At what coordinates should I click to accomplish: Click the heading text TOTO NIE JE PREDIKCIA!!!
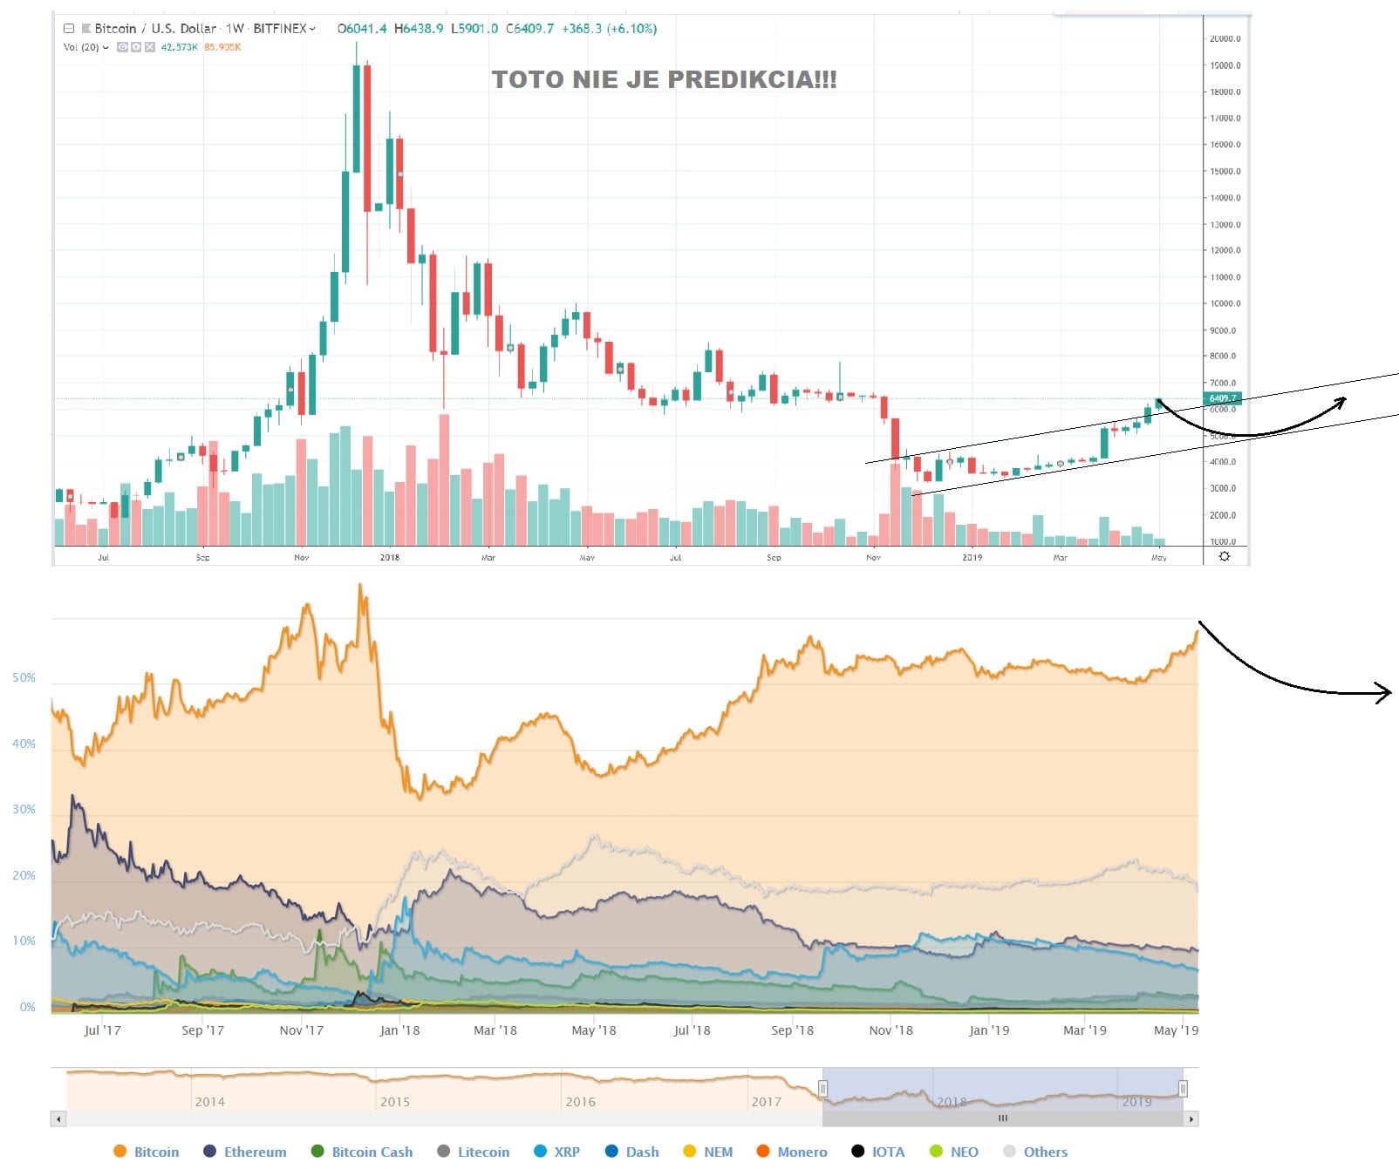pyautogui.click(x=664, y=79)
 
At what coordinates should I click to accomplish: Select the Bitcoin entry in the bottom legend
pyautogui.click(x=156, y=1152)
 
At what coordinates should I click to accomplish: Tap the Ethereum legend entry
pyautogui.click(x=255, y=1152)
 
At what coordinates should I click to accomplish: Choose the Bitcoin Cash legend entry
pyautogui.click(x=372, y=1152)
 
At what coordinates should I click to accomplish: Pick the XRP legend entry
pyautogui.click(x=566, y=1152)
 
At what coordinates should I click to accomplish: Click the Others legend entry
pyautogui.click(x=1045, y=1152)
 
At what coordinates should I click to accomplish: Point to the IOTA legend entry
pyautogui.click(x=888, y=1152)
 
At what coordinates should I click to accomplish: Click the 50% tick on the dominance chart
pyautogui.click(x=24, y=677)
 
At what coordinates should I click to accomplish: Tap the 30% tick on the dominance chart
pyautogui.click(x=24, y=809)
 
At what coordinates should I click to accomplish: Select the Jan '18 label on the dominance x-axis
pyautogui.click(x=399, y=1030)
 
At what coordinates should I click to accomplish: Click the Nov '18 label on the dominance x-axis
pyautogui.click(x=891, y=1030)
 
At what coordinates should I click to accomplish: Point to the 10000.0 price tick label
pyautogui.click(x=1225, y=303)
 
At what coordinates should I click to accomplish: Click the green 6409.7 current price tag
pyautogui.click(x=1222, y=398)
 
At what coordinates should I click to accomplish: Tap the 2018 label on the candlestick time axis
pyautogui.click(x=390, y=557)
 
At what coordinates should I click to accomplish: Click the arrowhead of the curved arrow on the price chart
pyautogui.click(x=1343, y=400)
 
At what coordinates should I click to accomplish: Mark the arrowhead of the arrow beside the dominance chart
pyautogui.click(x=1386, y=693)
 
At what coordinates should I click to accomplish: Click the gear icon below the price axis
pyautogui.click(x=1225, y=556)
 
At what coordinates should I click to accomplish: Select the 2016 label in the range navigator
pyautogui.click(x=580, y=1102)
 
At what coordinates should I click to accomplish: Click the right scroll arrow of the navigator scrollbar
pyautogui.click(x=1191, y=1118)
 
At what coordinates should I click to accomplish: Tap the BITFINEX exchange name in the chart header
pyautogui.click(x=280, y=29)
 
